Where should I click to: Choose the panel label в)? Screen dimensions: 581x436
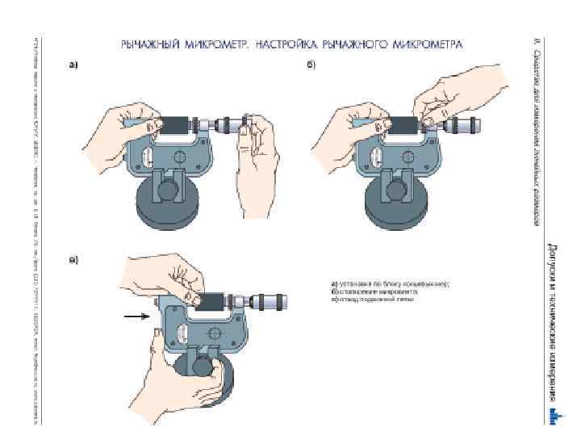73,260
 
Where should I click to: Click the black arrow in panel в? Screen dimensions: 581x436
136,318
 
